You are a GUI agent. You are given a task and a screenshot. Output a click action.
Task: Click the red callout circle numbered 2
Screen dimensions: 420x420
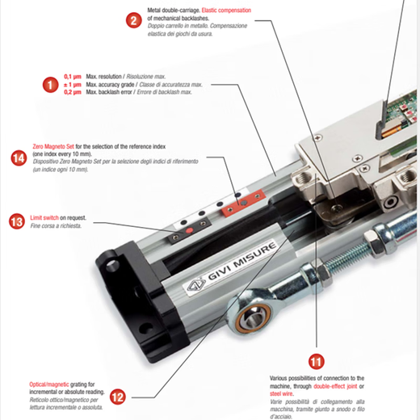point(134,20)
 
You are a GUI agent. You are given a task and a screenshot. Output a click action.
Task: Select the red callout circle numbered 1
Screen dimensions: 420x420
point(50,85)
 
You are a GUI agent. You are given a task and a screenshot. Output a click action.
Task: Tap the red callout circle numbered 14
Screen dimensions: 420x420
point(19,158)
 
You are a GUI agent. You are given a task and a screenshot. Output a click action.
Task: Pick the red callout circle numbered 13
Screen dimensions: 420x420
point(17,221)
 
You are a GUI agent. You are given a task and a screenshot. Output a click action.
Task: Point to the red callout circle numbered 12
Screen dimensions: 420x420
point(118,397)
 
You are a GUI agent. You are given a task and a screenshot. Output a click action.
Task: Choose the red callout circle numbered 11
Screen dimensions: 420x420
point(316,361)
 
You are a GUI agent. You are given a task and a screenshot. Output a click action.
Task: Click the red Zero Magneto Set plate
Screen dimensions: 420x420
point(242,203)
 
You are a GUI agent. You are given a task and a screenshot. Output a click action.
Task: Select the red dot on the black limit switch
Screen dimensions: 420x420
point(190,230)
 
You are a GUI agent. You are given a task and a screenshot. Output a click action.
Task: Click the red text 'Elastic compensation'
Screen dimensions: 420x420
point(226,10)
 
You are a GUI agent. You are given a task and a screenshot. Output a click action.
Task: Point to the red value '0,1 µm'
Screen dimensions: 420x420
point(73,77)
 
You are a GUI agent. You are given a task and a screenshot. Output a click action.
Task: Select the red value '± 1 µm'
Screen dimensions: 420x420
point(73,85)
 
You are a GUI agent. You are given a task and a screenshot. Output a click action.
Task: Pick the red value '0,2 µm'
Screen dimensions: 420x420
point(73,92)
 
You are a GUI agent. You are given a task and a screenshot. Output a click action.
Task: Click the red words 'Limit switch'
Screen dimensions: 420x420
point(44,217)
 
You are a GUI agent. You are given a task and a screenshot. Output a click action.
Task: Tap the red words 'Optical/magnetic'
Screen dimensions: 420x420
point(49,384)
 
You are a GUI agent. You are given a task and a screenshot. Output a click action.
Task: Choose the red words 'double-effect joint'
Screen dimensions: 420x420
point(335,386)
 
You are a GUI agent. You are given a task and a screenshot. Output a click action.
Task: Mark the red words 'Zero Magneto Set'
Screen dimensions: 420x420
point(53,146)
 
